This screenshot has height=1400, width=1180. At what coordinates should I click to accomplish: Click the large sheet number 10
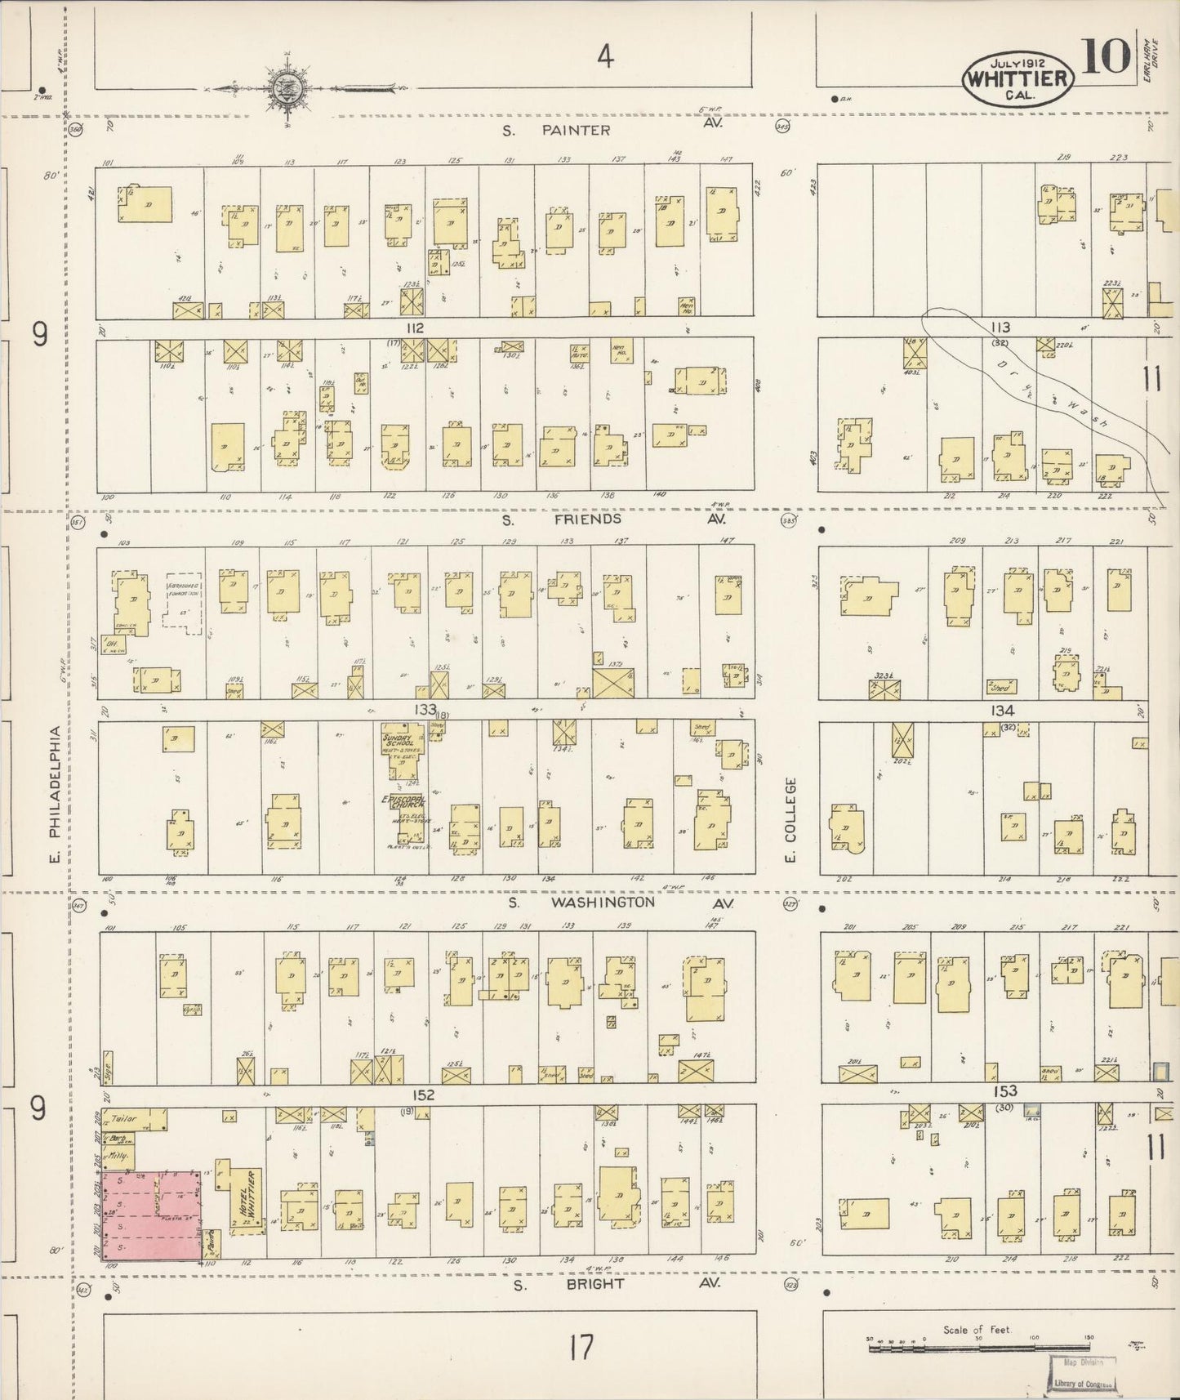(1107, 56)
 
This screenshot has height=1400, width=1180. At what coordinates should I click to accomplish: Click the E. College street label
(790, 821)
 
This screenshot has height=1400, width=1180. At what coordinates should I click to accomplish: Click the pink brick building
(151, 1215)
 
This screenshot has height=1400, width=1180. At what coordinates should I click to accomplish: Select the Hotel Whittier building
(246, 1197)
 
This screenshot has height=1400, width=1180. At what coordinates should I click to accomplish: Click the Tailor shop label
(122, 1118)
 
